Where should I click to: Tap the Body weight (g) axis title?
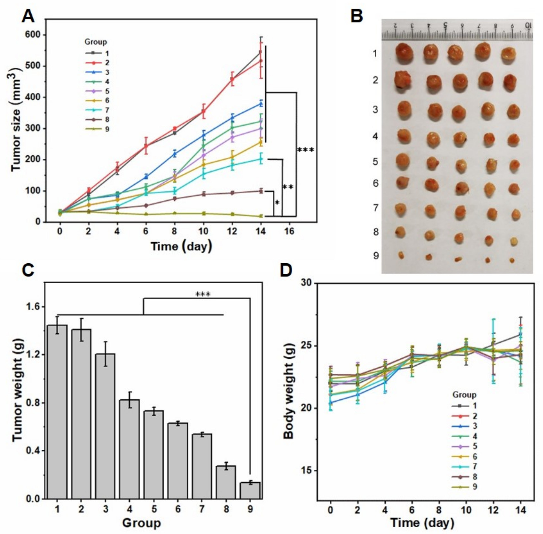click(288, 393)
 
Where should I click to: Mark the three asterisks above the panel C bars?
click(203, 294)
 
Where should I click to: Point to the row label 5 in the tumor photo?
click(376, 162)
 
